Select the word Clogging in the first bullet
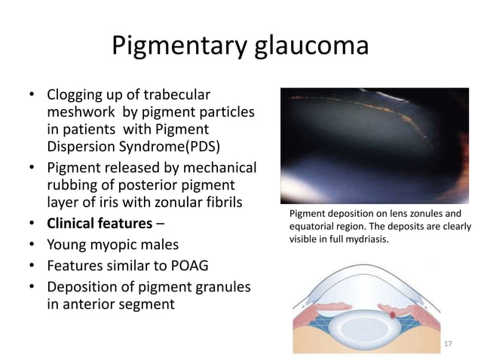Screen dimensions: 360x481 (x=78, y=96)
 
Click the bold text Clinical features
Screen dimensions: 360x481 (x=101, y=224)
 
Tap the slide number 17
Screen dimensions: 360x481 (x=449, y=344)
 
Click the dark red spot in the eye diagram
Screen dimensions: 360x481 (x=394, y=310)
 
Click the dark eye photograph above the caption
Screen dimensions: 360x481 (x=374, y=145)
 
